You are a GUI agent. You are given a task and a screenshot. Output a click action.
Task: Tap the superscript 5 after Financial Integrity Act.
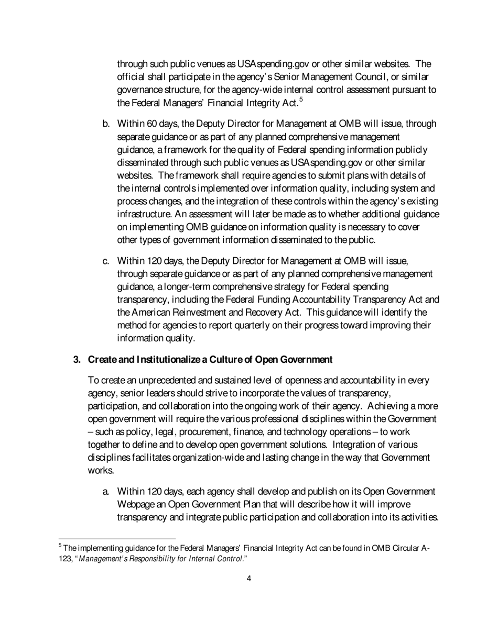point(301,99)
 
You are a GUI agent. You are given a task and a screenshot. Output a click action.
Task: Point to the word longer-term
point(178,287)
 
